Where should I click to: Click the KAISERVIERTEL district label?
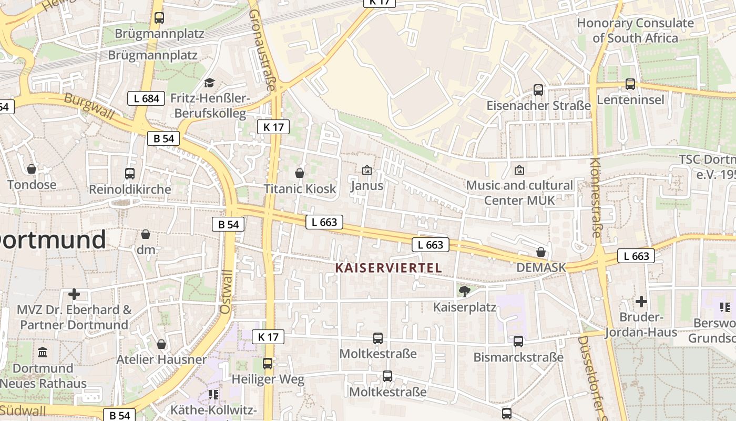point(389,268)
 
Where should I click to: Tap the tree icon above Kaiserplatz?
point(464,291)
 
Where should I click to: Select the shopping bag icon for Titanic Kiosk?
point(300,173)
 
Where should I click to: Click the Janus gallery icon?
point(367,170)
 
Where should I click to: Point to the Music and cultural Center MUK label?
point(519,193)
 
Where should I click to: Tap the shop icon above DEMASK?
point(540,252)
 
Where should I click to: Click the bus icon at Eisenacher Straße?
point(538,90)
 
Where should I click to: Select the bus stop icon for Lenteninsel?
point(630,84)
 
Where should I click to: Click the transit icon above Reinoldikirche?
point(129,173)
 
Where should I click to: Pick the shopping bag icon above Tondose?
point(32,169)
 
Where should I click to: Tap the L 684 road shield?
point(147,98)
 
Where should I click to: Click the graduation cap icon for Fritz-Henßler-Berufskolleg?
point(209,83)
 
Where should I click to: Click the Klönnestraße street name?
point(595,197)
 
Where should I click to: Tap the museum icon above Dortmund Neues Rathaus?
point(43,352)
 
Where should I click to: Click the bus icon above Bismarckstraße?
point(518,342)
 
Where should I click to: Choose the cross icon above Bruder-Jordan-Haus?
point(641,302)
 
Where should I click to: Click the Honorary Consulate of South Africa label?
point(635,31)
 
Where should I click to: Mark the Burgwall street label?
point(89,107)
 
